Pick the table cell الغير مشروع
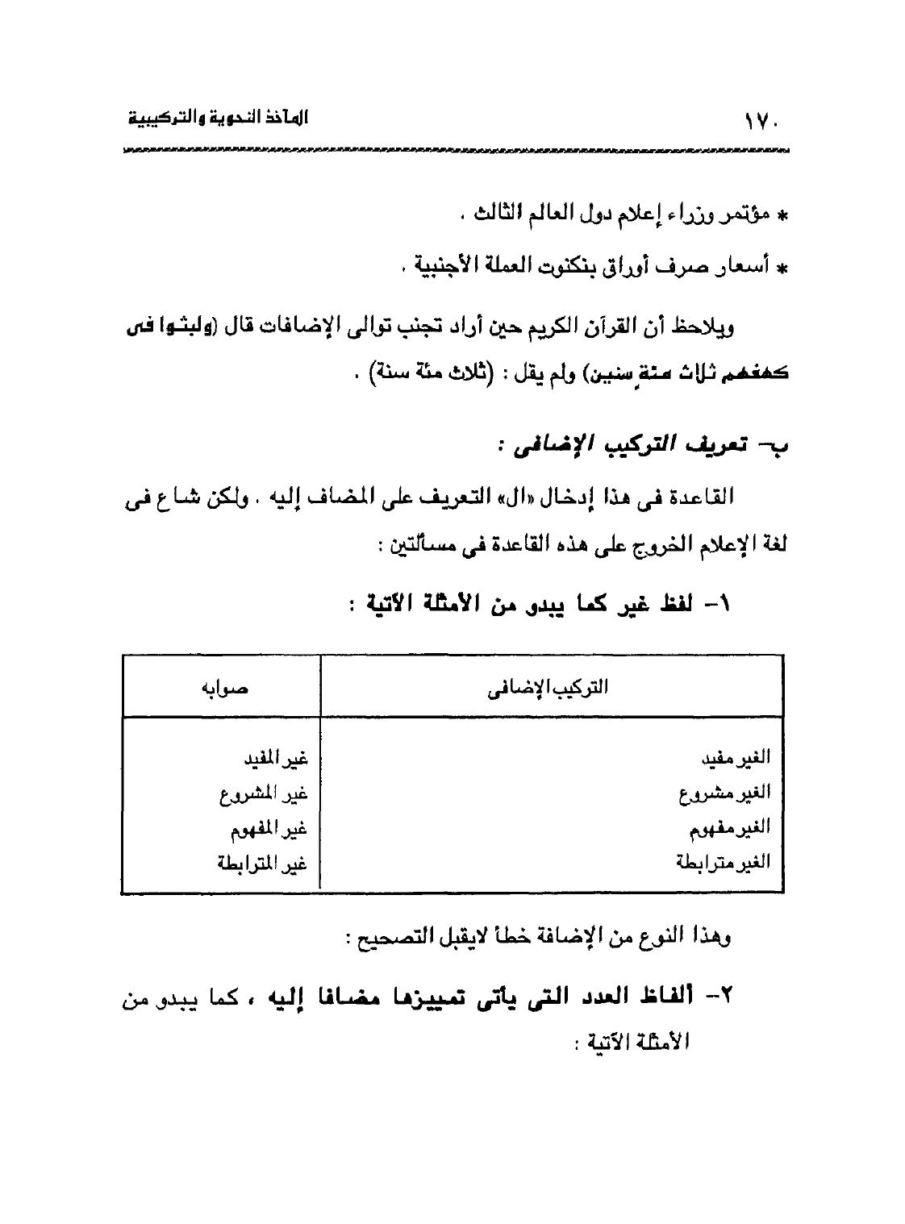click(724, 794)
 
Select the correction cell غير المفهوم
click(269, 828)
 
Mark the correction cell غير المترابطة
click(263, 864)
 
